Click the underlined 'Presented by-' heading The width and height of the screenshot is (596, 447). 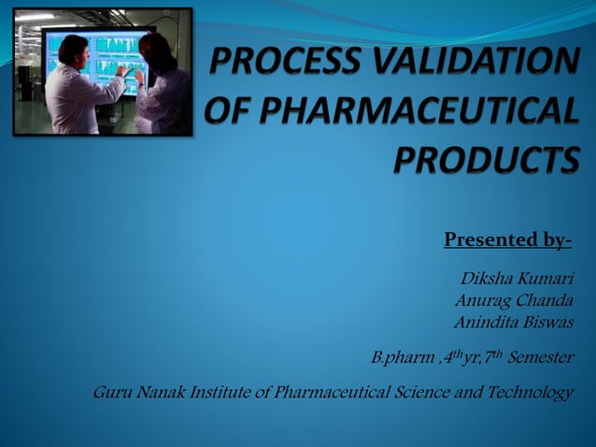[507, 240]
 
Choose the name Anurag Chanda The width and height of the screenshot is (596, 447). [513, 301]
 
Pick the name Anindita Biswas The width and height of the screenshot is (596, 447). [513, 322]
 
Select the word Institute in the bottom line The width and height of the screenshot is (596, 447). [218, 392]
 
